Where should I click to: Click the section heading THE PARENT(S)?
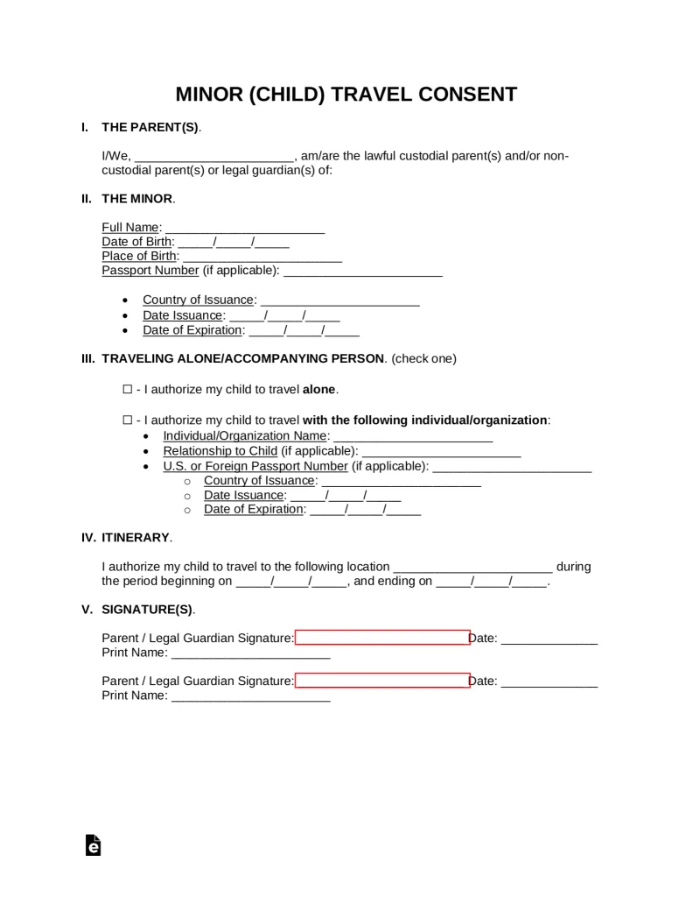[x=150, y=127]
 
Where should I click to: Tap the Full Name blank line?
[x=244, y=228]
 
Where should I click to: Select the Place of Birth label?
[x=139, y=256]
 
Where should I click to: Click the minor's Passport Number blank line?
[x=363, y=271]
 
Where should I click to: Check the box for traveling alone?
[x=127, y=389]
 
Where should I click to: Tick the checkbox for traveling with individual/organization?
[x=127, y=420]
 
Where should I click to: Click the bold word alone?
[x=318, y=389]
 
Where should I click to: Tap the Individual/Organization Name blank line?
[x=413, y=436]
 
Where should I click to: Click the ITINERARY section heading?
[x=136, y=537]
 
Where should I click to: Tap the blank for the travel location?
[x=472, y=567]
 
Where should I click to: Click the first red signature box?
[x=382, y=638]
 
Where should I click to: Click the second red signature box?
[x=382, y=681]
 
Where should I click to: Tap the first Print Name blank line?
[x=250, y=653]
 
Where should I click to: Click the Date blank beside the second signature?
[x=549, y=681]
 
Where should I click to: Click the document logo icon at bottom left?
[x=94, y=844]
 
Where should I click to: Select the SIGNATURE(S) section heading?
[x=148, y=609]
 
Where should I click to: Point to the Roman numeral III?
[x=87, y=358]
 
